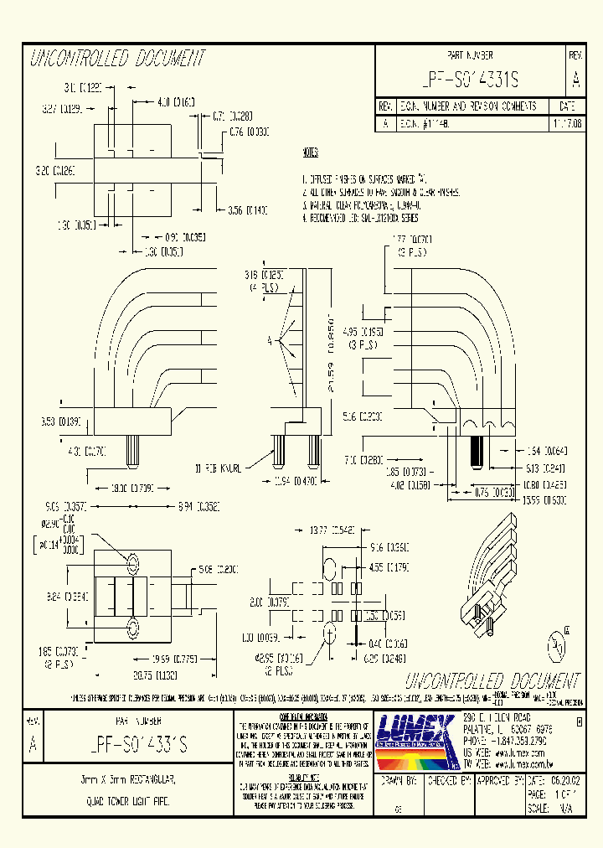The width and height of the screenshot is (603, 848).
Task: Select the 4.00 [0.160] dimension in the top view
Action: (175, 102)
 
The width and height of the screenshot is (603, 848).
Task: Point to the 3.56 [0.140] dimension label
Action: (248, 209)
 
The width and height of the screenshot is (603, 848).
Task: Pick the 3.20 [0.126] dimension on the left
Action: (55, 170)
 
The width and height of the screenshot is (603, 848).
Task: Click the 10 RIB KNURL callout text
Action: (219, 468)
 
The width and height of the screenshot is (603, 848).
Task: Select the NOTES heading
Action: (310, 154)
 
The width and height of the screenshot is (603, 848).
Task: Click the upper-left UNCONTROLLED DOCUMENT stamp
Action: (116, 58)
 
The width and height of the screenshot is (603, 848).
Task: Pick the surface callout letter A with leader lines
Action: (269, 341)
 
